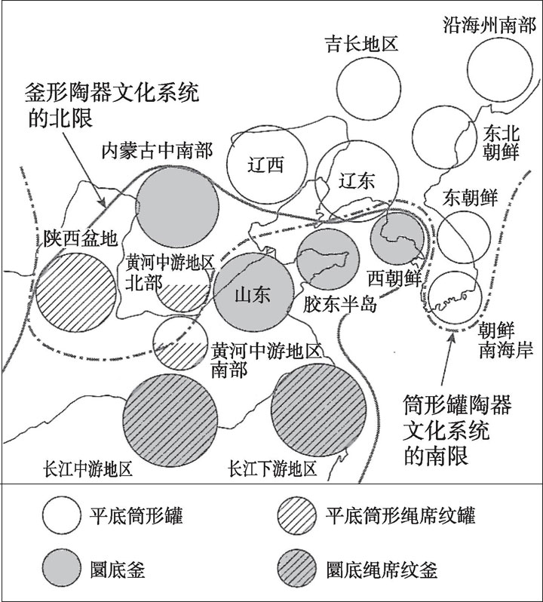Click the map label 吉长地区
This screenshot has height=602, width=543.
pyautogui.click(x=361, y=44)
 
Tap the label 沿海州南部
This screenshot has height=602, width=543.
pyautogui.click(x=489, y=26)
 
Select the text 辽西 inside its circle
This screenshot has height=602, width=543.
pyautogui.click(x=265, y=165)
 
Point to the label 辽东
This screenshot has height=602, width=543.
pyautogui.click(x=357, y=182)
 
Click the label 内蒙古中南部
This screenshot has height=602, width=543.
pyautogui.click(x=157, y=151)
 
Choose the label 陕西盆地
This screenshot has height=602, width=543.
pyautogui.click(x=80, y=238)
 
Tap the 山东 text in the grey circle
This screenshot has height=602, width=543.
pyautogui.click(x=253, y=295)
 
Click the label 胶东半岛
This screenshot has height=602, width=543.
pyautogui.click(x=340, y=306)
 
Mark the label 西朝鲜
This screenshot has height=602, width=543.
pyautogui.click(x=394, y=278)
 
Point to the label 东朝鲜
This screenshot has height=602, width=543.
pyautogui.click(x=470, y=198)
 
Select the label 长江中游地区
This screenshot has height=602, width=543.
pyautogui.click(x=89, y=468)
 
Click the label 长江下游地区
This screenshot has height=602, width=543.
pyautogui.click(x=273, y=468)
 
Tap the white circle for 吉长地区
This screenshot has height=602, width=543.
pyautogui.click(x=369, y=89)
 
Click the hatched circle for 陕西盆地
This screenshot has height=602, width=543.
pyautogui.click(x=76, y=293)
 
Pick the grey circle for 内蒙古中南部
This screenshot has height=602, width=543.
pyautogui.click(x=177, y=207)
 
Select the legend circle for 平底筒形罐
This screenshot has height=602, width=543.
pyautogui.click(x=62, y=515)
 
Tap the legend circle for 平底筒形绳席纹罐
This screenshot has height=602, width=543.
pyautogui.click(x=296, y=515)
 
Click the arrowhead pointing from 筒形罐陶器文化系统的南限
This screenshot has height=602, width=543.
pyautogui.click(x=452, y=336)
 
